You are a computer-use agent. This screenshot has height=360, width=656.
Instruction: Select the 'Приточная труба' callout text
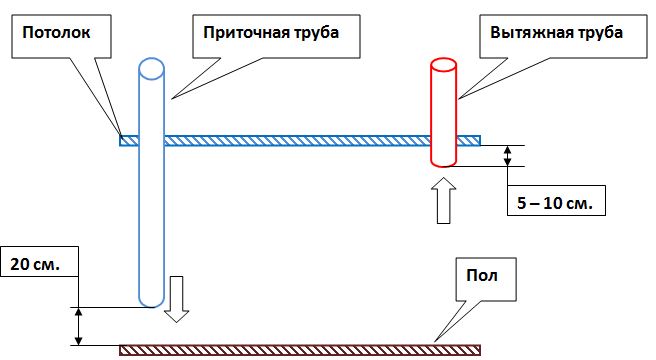265,32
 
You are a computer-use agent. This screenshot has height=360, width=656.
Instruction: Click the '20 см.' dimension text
38,265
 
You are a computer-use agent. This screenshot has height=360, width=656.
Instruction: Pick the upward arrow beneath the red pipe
443,204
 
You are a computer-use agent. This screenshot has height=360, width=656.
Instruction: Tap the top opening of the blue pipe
150,69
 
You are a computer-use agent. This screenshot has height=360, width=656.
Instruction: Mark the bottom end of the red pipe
443,161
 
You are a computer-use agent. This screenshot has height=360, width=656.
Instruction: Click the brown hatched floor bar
300,349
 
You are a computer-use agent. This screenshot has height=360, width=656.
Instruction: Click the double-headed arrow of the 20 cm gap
78,325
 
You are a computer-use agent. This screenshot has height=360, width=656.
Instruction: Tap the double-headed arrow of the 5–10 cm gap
508,156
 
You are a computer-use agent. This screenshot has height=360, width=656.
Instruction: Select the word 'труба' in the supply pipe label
310,32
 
